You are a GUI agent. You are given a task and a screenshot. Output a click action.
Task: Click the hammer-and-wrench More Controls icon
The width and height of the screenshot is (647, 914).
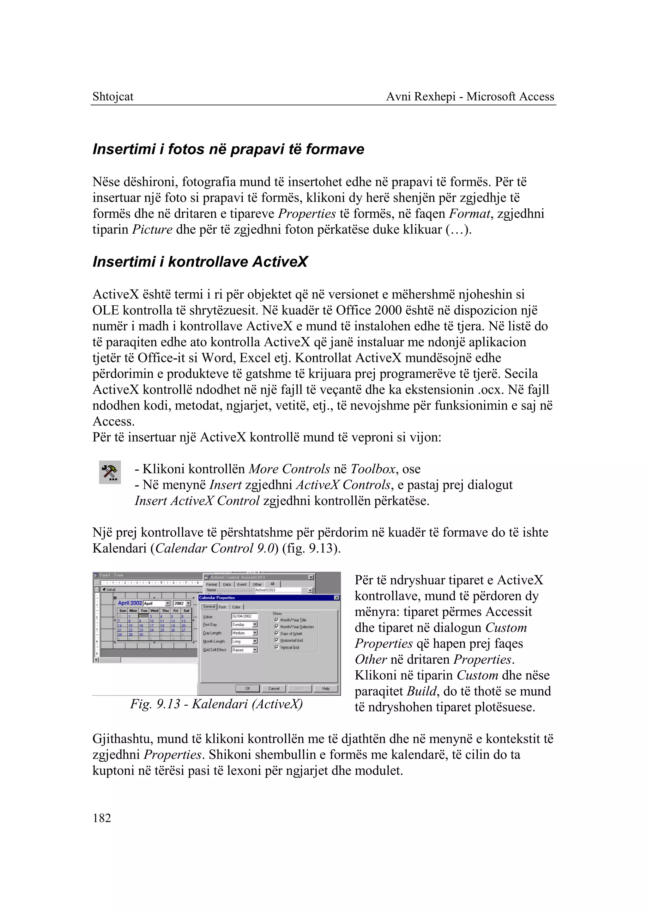110,472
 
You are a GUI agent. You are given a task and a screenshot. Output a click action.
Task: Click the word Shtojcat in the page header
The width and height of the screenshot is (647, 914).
113,96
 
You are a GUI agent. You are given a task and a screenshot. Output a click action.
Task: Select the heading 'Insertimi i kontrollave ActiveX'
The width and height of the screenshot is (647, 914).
200,262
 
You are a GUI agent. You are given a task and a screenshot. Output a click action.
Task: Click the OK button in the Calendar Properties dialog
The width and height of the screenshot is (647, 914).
247,688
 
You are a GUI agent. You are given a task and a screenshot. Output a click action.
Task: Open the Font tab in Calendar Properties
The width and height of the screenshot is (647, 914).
222,607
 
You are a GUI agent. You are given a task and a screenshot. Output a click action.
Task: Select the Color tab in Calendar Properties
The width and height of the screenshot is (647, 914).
236,607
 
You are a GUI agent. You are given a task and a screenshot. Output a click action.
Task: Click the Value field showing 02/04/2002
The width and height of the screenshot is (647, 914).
244,616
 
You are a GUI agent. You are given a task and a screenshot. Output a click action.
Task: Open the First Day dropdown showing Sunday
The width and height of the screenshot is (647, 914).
255,625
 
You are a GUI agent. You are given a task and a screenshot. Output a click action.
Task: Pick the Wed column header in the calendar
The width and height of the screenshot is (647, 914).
154,611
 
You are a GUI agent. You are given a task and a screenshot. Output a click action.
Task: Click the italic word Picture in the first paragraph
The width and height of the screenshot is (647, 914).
152,229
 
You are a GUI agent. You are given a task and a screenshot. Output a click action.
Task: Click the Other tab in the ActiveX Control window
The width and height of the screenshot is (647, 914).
257,584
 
